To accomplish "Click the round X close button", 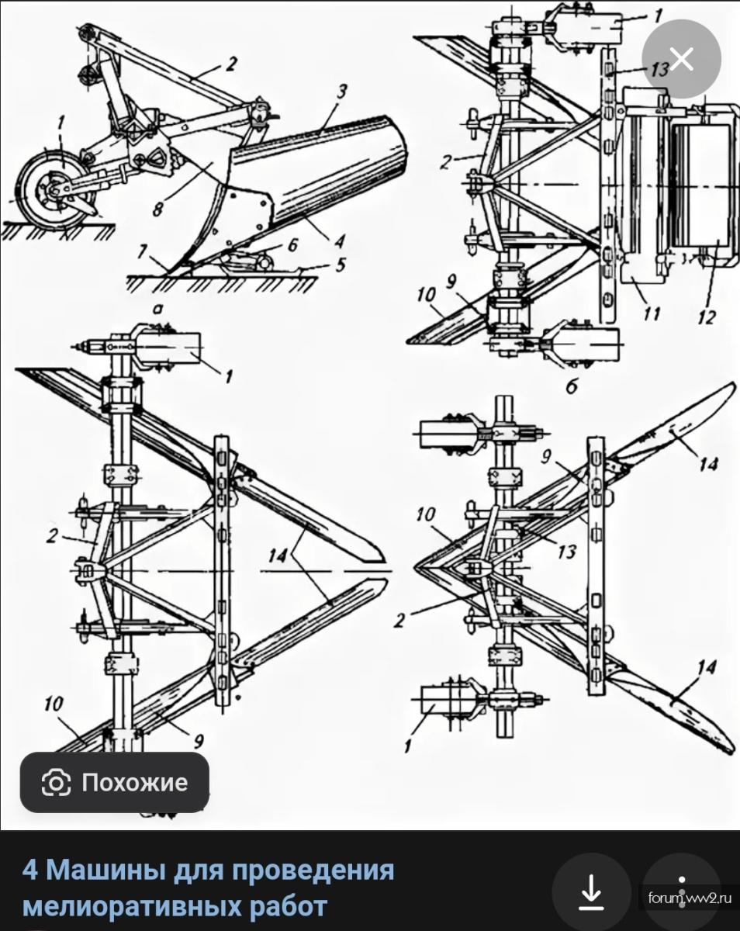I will pos(682,59).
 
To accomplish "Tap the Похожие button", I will pos(115,782).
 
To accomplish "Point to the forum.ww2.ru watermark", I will pos(689,898).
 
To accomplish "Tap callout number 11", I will pos(650,313).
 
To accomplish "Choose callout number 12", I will pos(707,317).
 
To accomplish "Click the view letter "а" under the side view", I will pos(157,310).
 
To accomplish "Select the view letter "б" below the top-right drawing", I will pos(572,386).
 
